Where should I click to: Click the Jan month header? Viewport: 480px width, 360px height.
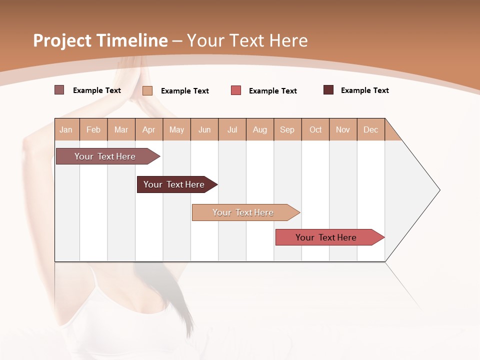click(x=66, y=129)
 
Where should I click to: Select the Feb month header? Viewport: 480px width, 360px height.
click(x=93, y=129)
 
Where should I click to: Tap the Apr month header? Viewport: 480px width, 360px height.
click(x=148, y=129)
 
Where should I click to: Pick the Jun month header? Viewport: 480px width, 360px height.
click(x=204, y=129)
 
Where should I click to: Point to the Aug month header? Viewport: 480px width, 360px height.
click(x=259, y=129)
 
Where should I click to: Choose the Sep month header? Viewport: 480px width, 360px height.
click(x=287, y=129)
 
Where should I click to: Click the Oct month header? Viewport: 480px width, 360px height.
click(x=315, y=129)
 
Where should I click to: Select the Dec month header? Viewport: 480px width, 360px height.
click(x=370, y=129)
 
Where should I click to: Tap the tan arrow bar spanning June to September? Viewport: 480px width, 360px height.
click(x=244, y=212)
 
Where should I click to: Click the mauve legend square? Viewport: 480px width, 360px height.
click(x=59, y=90)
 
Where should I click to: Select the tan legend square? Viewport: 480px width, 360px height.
click(x=147, y=90)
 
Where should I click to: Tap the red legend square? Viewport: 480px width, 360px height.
click(x=236, y=90)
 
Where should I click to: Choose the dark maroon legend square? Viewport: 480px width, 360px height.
click(x=328, y=90)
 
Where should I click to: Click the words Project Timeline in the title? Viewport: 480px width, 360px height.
click(x=100, y=40)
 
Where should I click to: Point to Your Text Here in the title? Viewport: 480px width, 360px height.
click(x=247, y=40)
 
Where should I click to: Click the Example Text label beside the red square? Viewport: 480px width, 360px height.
click(x=272, y=91)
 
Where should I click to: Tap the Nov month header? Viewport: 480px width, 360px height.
click(x=342, y=129)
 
